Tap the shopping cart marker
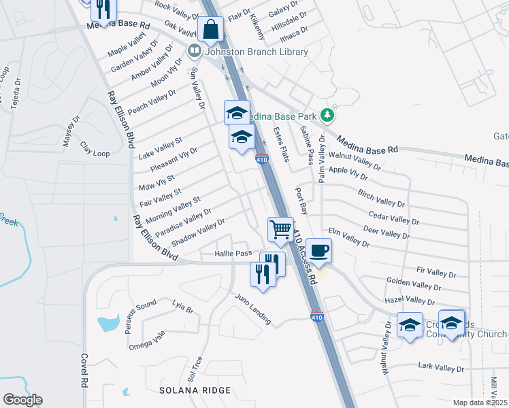click(x=280, y=230)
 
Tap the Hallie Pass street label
click(x=233, y=253)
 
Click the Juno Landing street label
click(x=253, y=308)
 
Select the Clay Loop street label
click(x=95, y=149)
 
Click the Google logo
click(x=22, y=400)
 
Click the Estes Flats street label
click(x=281, y=143)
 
